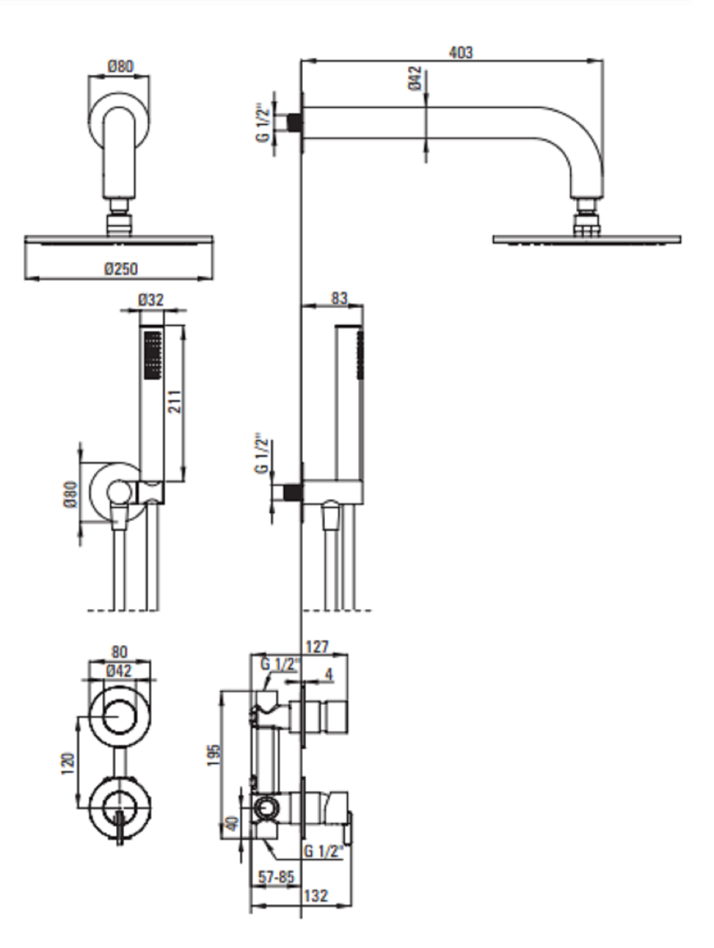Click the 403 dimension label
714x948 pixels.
click(461, 52)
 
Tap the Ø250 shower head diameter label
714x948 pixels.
click(121, 269)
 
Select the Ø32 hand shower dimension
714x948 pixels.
click(151, 300)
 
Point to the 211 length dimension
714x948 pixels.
click(175, 401)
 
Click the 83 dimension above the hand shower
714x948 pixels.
click(339, 298)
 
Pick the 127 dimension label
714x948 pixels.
click(317, 647)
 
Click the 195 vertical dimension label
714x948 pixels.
click(214, 755)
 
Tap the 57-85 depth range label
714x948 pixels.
click(276, 877)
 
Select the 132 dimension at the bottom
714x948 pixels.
click(316, 895)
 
